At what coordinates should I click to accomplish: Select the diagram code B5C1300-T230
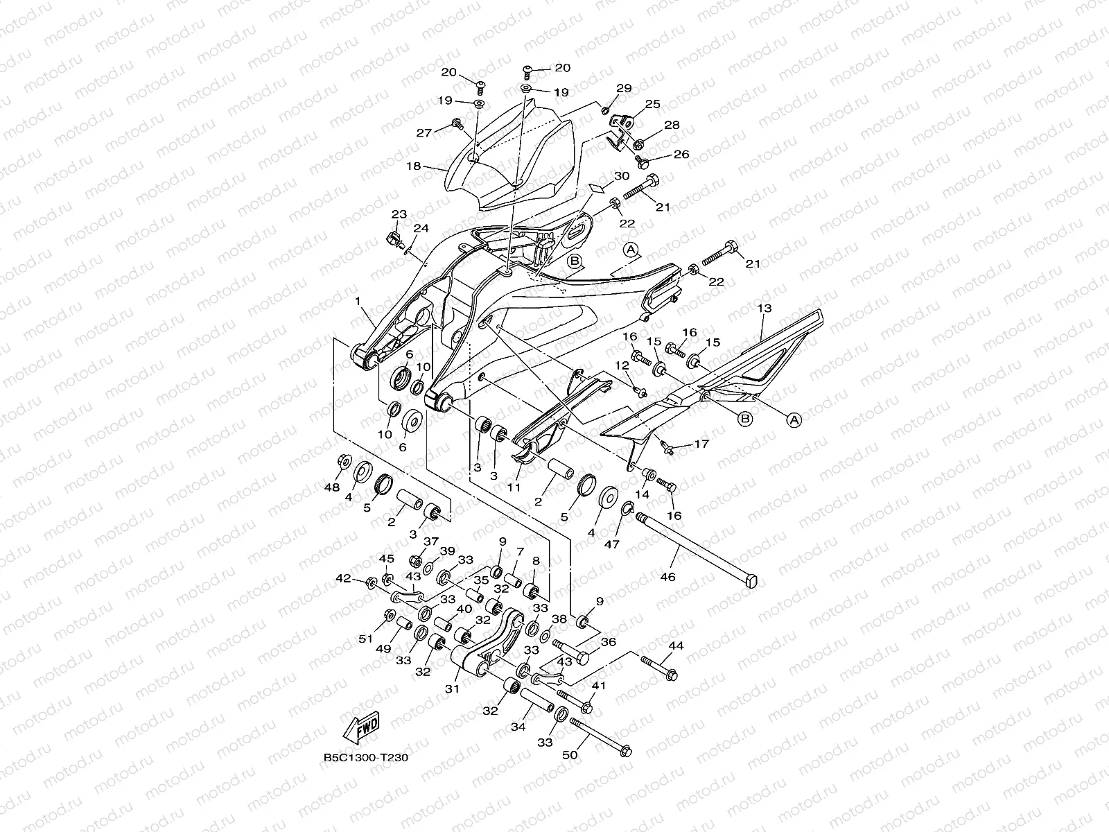365,757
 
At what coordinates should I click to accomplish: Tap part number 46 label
667,575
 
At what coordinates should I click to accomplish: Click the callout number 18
433,167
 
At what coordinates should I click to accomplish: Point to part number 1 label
358,302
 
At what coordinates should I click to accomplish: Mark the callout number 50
570,754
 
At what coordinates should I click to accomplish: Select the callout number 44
676,645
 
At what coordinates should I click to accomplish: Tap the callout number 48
333,487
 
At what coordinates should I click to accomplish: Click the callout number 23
399,214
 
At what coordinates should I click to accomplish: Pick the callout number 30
621,176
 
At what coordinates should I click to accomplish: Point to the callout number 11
513,487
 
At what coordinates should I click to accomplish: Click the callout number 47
611,545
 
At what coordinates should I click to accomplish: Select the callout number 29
624,88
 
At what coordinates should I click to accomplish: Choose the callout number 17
701,444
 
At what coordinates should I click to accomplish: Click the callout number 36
608,642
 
